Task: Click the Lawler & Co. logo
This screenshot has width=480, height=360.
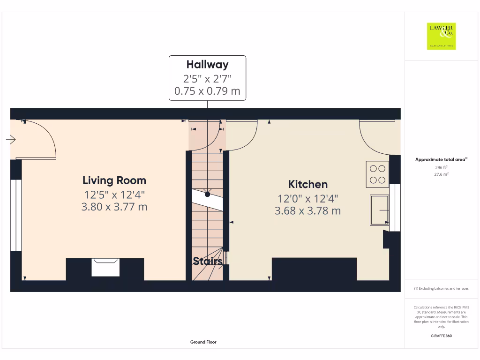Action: [441, 36]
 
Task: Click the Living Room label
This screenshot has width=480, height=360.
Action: [114, 180]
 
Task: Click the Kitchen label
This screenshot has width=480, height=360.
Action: [307, 184]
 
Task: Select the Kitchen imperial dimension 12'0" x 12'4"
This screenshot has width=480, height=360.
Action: [307, 198]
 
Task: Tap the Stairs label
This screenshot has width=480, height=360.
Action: [207, 262]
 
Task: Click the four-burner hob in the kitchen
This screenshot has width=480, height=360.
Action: [377, 174]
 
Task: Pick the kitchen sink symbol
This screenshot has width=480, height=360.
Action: [379, 210]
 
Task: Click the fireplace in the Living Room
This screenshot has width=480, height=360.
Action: [105, 267]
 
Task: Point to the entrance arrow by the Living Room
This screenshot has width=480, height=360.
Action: [11, 140]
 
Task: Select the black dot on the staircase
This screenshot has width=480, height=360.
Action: [207, 194]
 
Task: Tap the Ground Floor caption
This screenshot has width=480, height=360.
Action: [203, 342]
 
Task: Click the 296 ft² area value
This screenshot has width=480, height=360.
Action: [441, 167]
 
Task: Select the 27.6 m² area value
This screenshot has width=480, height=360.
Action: [441, 174]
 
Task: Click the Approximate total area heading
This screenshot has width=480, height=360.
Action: [441, 160]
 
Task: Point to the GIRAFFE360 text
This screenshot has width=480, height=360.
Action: [441, 336]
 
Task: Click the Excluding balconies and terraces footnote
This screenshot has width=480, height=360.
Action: [441, 289]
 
